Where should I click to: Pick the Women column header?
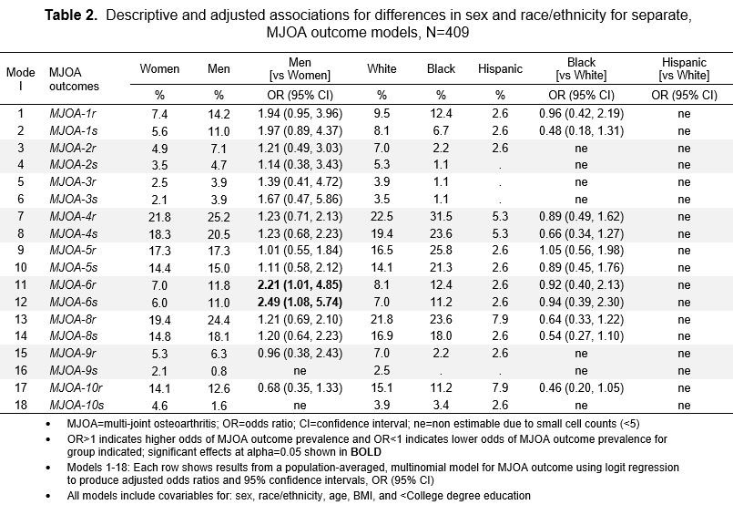point(159,68)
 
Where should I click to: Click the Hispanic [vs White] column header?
point(683,68)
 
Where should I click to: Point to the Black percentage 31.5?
point(441,215)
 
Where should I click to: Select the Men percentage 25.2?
point(219,215)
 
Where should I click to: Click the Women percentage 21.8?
point(159,215)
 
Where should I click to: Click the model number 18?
point(20,404)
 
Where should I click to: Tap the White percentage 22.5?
point(381,215)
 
